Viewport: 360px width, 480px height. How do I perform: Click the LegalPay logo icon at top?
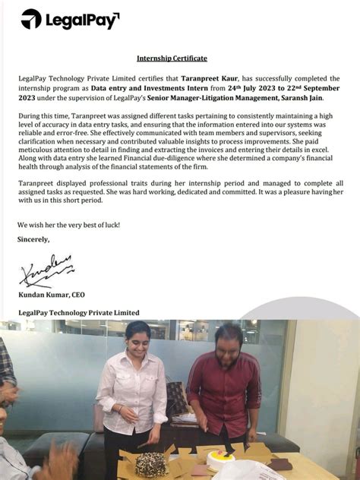(x=31, y=19)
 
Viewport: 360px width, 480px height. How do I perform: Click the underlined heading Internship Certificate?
(x=172, y=58)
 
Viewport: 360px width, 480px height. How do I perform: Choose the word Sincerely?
(x=33, y=239)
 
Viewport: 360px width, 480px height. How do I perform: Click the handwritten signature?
(x=46, y=270)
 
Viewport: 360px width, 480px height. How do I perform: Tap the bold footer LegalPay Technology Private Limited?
(x=78, y=312)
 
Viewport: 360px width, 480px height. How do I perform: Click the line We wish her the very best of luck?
(x=68, y=225)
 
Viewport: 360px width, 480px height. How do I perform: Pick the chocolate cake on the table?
(x=151, y=463)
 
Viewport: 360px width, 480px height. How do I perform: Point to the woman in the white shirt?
(x=131, y=387)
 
